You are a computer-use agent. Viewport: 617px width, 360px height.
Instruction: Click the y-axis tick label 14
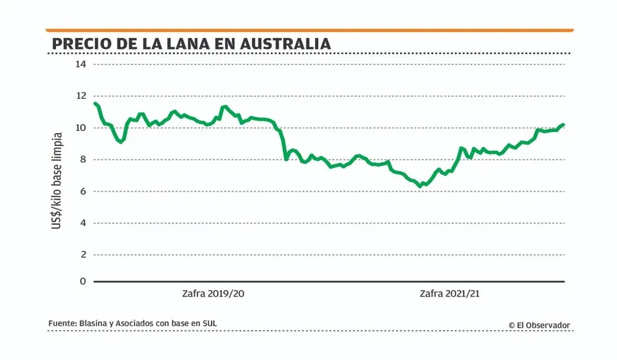coord(81,64)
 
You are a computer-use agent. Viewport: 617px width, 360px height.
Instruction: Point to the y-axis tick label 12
coord(81,96)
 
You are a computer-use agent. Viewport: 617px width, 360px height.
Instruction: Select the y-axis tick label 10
coord(81,128)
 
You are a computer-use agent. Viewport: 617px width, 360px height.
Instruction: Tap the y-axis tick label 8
coord(83,160)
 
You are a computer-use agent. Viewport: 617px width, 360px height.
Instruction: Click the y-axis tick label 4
coord(83,223)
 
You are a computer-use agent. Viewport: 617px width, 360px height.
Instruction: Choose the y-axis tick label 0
coord(83,282)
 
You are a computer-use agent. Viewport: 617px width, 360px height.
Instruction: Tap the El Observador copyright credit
coord(539,325)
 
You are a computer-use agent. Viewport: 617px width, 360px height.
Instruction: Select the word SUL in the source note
coord(208,324)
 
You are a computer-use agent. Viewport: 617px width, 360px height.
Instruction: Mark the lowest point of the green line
coord(420,186)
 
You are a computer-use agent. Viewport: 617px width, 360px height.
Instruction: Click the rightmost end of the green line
coord(563,125)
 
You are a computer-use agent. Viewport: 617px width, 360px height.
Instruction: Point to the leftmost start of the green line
coord(95,103)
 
